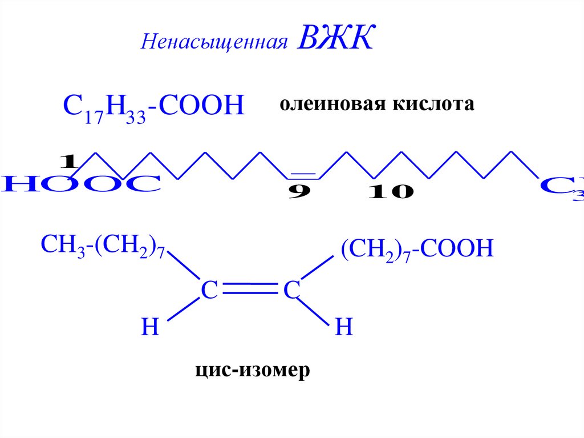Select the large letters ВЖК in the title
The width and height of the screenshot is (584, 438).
point(334,39)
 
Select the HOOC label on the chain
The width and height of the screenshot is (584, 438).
point(80,184)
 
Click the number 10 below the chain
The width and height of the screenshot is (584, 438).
point(390,192)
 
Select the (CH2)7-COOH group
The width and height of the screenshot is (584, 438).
point(416,250)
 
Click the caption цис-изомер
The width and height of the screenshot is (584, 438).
point(252,370)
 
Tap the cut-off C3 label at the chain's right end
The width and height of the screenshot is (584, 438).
point(562,186)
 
